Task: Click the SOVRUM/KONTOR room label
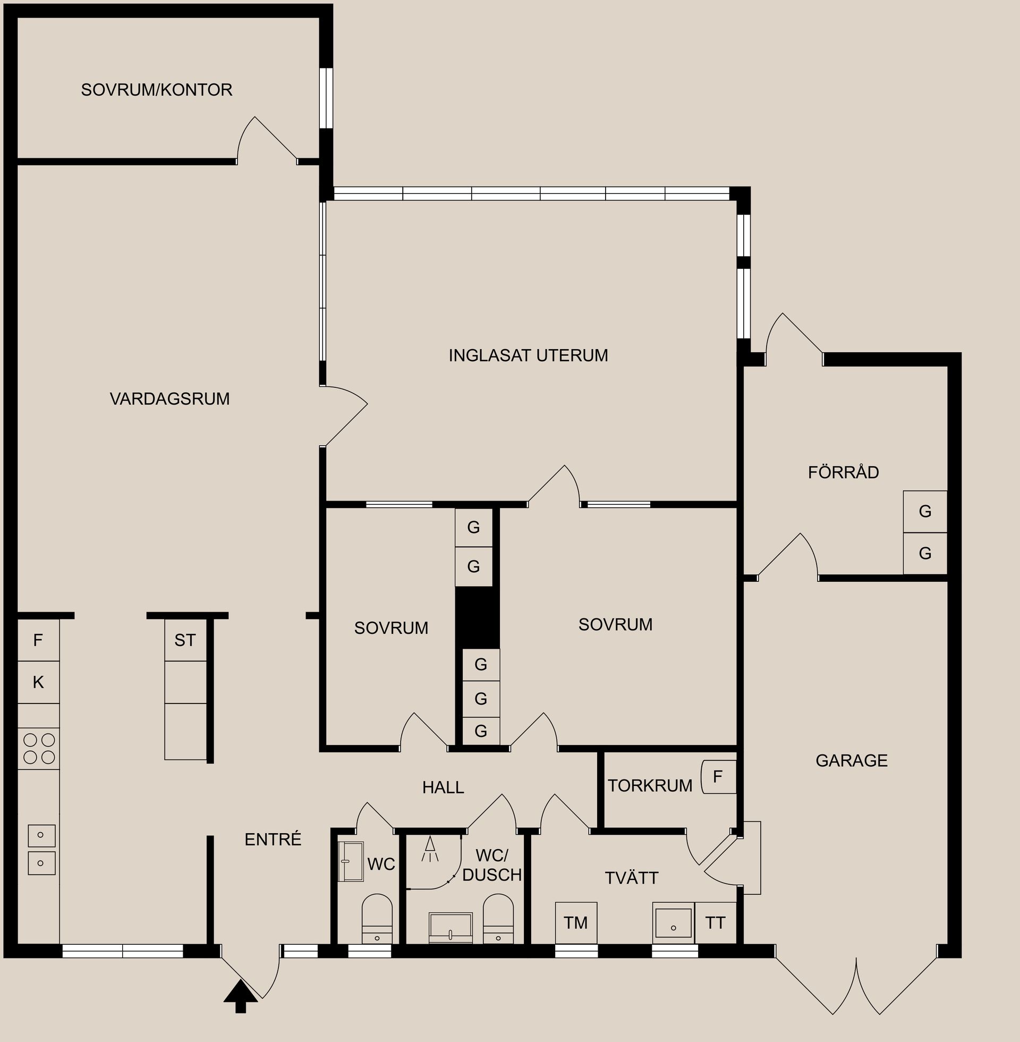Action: tap(156, 89)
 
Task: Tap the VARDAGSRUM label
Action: tap(169, 399)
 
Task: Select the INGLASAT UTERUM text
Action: tap(528, 355)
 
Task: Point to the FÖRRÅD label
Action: tap(843, 472)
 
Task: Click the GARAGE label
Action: tap(851, 760)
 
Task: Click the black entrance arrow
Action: tap(241, 996)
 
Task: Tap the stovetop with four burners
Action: tap(39, 748)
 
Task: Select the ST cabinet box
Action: tap(185, 640)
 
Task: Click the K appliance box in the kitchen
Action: tap(38, 682)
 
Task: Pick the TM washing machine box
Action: tap(575, 922)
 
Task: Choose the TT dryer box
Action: tap(715, 922)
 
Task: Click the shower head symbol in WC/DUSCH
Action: tap(430, 850)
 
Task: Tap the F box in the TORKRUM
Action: tap(718, 776)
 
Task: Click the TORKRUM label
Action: tap(649, 786)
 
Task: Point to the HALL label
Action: tap(443, 787)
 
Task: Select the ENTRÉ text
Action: tap(273, 840)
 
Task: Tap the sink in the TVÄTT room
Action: tap(673, 922)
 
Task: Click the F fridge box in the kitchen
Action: tap(38, 640)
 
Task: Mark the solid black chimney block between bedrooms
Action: tap(477, 617)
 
